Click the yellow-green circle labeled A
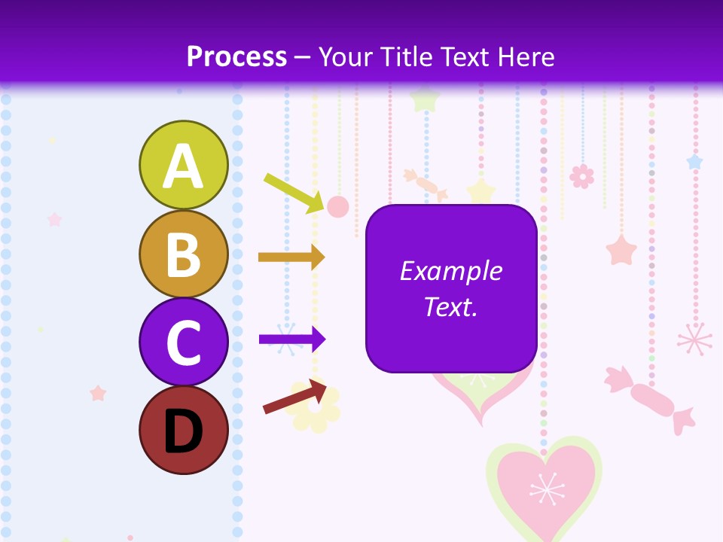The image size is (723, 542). (183, 165)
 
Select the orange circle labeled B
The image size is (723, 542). (183, 254)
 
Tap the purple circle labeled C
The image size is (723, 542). (183, 342)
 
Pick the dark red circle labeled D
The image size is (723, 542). (183, 430)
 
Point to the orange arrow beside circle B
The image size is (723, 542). (291, 257)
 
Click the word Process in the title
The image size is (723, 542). (236, 56)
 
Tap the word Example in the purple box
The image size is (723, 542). (450, 271)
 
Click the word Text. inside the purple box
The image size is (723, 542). (450, 306)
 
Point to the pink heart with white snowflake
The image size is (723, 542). (545, 488)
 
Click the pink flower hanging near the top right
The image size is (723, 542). (581, 176)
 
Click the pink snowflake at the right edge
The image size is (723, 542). (694, 340)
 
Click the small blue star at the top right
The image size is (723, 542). (694, 162)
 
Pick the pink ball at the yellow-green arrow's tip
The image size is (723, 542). (337, 206)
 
